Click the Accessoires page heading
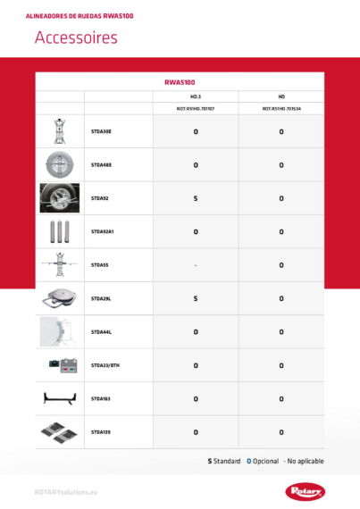(76, 38)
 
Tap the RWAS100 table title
(180, 81)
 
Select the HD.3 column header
(196, 96)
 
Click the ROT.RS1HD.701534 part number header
(281, 108)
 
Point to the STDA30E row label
(101, 131)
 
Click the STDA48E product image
(60, 164)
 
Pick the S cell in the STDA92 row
(196, 198)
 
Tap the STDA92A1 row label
(103, 231)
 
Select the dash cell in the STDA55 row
(196, 265)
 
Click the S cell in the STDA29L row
(196, 298)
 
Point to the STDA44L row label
(101, 331)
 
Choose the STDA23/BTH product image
(60, 365)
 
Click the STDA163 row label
(101, 398)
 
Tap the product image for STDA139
(60, 431)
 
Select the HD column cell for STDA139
(281, 432)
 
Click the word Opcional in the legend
(264, 461)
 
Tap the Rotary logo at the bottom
(306, 490)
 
